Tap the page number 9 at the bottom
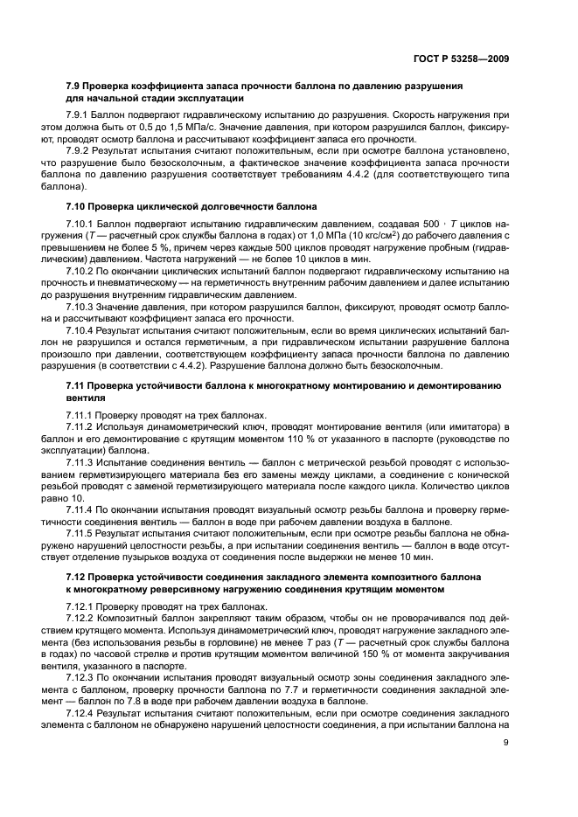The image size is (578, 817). [506, 792]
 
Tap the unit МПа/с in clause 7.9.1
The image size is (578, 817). [199, 128]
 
